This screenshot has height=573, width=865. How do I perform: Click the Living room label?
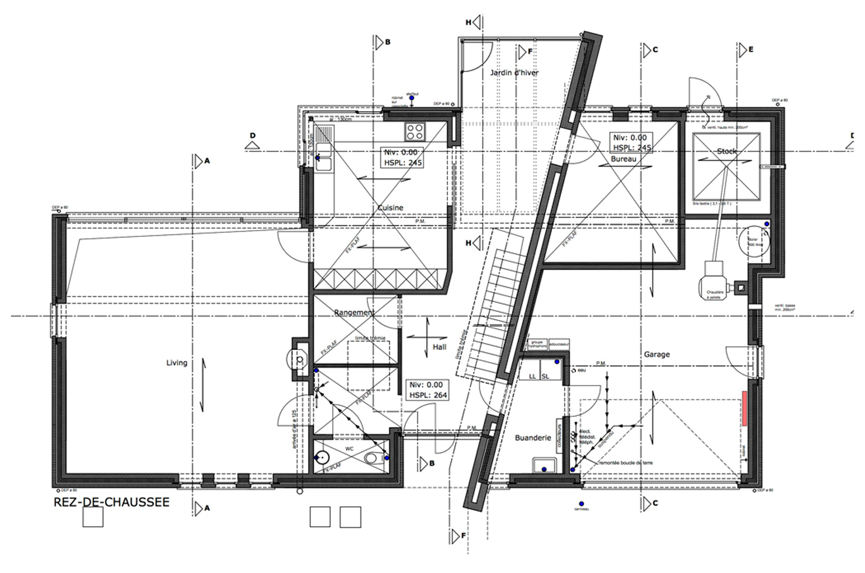(x=176, y=363)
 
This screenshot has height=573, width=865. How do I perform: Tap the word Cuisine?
(x=390, y=208)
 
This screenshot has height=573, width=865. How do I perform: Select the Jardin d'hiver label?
(x=514, y=73)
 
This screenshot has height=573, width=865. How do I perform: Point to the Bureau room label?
(x=623, y=159)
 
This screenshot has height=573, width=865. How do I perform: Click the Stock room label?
(x=727, y=152)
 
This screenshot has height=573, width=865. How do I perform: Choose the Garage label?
(x=657, y=355)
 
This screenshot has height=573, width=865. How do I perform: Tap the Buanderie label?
(x=533, y=438)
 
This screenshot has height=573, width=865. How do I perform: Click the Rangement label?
(x=354, y=312)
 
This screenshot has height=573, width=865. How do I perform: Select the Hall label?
(x=439, y=347)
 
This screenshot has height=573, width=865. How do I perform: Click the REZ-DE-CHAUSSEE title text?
(x=111, y=502)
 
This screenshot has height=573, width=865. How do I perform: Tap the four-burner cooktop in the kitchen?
(x=414, y=132)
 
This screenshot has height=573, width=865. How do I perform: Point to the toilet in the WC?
(x=374, y=458)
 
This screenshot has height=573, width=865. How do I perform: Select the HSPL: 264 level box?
(x=427, y=390)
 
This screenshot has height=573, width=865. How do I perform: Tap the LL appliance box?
(x=532, y=376)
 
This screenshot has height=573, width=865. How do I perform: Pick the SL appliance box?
(x=546, y=376)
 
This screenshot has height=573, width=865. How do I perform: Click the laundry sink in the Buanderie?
(x=544, y=465)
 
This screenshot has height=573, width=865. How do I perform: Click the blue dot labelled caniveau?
(x=581, y=502)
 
